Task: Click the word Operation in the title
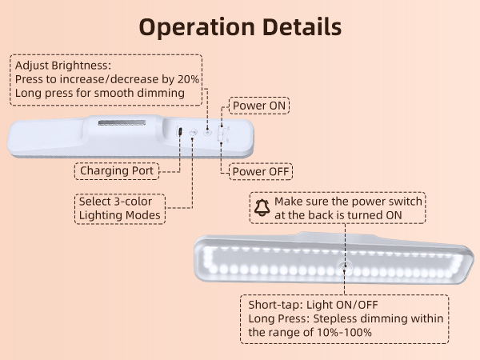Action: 190,26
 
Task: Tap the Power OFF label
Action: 261,171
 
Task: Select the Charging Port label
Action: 118,170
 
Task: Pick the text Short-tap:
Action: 272,305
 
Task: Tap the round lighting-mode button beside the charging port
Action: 194,131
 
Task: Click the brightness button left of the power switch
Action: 207,130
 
